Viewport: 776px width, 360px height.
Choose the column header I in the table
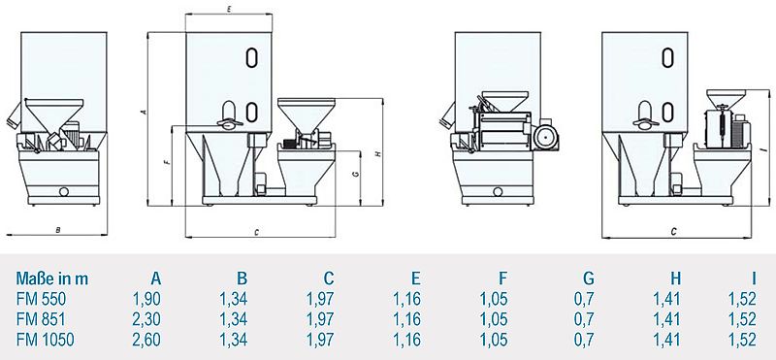point(752,278)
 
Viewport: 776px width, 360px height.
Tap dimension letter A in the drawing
point(143,114)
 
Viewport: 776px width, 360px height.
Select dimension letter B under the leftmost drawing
point(58,230)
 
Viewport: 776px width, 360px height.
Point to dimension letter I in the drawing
point(764,148)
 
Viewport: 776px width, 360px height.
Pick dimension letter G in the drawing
point(358,174)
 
